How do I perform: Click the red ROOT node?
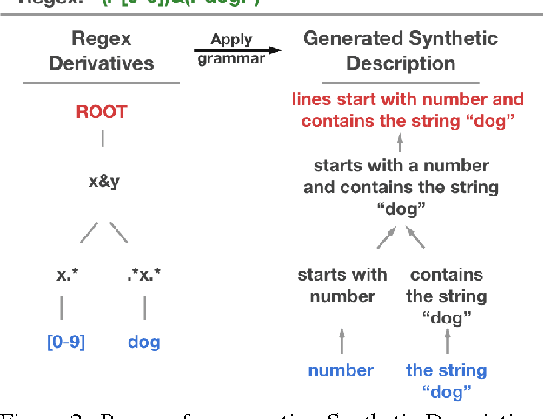pyautogui.click(x=102, y=112)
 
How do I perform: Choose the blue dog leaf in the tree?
pyautogui.click(x=144, y=342)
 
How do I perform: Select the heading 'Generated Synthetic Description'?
pyautogui.click(x=401, y=51)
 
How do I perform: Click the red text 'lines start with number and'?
pyautogui.click(x=407, y=100)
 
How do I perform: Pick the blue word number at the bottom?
pyautogui.click(x=341, y=370)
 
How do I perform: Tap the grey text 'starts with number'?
pyautogui.click(x=342, y=285)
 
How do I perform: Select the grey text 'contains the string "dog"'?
pyautogui.click(x=446, y=296)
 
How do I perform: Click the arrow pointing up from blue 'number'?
pyautogui.click(x=342, y=337)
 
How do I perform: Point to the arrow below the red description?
pyautogui.click(x=401, y=143)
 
